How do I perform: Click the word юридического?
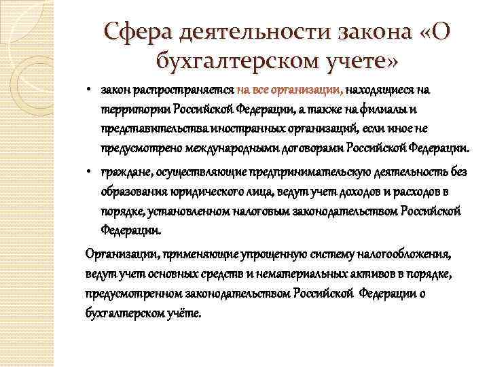198,191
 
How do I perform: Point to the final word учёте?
182,313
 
